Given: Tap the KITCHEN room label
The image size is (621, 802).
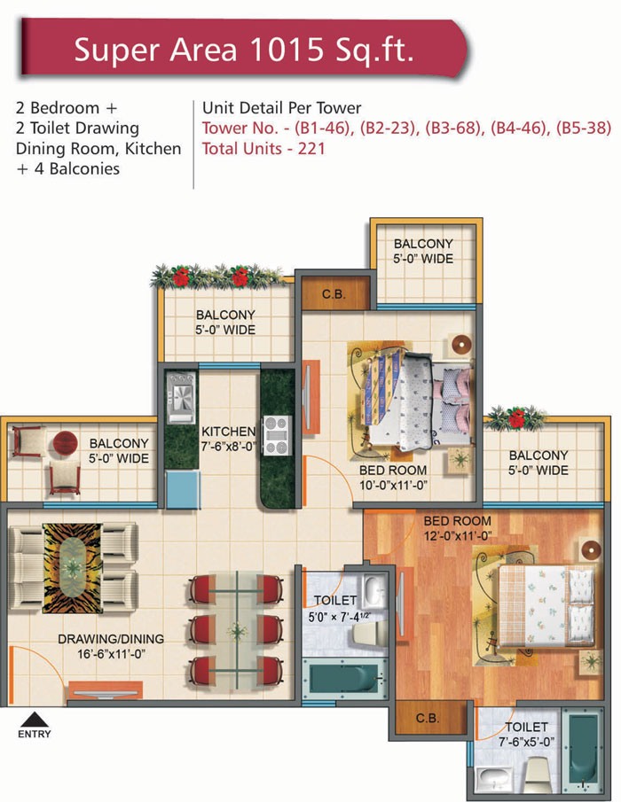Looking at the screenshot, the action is (228, 432).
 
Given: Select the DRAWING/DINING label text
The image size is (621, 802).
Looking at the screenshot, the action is (111, 639).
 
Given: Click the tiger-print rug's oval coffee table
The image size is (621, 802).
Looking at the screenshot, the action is (73, 567).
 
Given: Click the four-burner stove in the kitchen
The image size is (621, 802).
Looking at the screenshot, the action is (277, 435).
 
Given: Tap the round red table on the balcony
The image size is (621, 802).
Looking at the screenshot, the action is (65, 442).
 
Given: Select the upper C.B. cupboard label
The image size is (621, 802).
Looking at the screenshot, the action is (334, 294).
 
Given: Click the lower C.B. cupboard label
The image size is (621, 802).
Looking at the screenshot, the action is (428, 718).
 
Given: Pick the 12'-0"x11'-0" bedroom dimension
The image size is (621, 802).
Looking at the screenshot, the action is (457, 536).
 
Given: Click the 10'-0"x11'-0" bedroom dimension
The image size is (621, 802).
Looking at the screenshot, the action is (393, 485).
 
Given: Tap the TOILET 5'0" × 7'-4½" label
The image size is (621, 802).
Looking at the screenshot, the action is (337, 608).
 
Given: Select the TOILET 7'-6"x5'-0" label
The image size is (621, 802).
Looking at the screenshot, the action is (526, 734).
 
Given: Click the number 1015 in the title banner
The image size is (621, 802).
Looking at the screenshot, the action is (287, 50).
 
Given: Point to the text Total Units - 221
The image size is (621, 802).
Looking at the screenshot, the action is (263, 148).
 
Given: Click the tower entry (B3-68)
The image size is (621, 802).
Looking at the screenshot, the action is (454, 128).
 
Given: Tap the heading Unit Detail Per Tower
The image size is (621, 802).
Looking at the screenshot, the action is (281, 108).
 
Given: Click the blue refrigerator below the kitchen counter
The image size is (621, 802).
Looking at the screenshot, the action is (182, 489).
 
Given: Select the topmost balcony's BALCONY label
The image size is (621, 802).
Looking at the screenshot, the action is (423, 244).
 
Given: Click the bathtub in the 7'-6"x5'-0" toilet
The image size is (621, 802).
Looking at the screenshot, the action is (583, 750).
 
